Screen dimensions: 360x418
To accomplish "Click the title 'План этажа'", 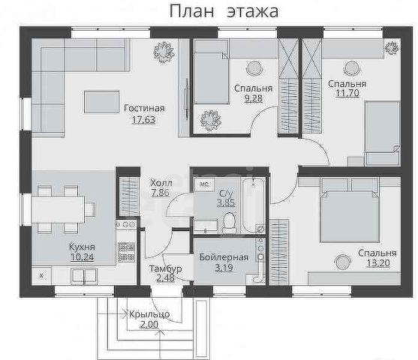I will click(223, 11).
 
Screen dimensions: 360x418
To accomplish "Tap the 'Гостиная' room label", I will click(144, 108).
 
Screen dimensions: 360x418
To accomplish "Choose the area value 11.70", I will click(347, 94).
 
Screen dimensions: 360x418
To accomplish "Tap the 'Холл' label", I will click(161, 182).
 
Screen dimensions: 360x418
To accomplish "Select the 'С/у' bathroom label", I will click(227, 192).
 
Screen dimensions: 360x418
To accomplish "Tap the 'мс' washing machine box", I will click(203, 182).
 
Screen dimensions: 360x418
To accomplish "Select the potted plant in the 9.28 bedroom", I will click(209, 118).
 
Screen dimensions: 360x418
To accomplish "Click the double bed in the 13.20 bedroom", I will click(350, 207).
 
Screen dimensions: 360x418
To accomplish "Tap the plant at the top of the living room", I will click(162, 52).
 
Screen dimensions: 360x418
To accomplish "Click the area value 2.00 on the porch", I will click(148, 324).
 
